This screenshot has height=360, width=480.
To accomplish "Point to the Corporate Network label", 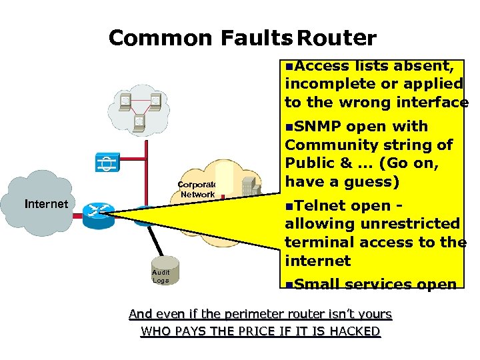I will coord(197,189).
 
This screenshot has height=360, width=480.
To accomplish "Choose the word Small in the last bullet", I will coord(317,285).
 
